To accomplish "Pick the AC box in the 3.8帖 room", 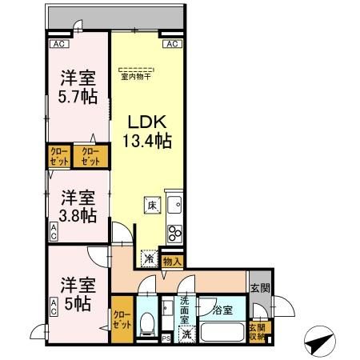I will pos(54,233).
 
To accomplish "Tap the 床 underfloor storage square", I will pos(150,205).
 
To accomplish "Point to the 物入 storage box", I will pos(172,261).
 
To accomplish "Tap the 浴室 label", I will pos(222,310).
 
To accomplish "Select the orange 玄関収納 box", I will pos(256,330).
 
